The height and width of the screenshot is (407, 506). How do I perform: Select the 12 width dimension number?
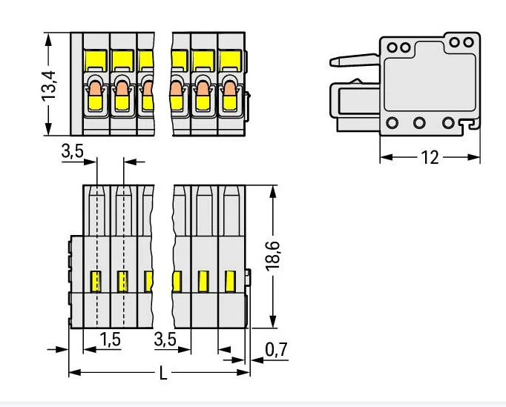(x=430, y=158)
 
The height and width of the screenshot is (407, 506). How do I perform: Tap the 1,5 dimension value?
(x=110, y=340)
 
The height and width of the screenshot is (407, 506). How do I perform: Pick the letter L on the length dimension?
(x=162, y=373)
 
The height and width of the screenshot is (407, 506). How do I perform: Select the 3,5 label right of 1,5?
(x=165, y=340)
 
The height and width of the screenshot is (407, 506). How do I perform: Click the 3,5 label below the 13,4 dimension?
(x=73, y=152)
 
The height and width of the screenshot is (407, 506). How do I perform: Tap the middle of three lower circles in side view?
(x=419, y=123)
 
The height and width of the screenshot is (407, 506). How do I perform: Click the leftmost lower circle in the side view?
(x=392, y=123)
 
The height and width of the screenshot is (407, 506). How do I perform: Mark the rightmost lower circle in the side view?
(x=448, y=123)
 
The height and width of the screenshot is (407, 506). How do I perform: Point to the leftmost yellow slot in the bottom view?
(x=95, y=281)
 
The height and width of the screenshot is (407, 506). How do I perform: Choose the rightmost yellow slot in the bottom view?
(x=230, y=281)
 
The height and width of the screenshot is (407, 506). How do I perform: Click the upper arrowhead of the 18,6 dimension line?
(x=274, y=190)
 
